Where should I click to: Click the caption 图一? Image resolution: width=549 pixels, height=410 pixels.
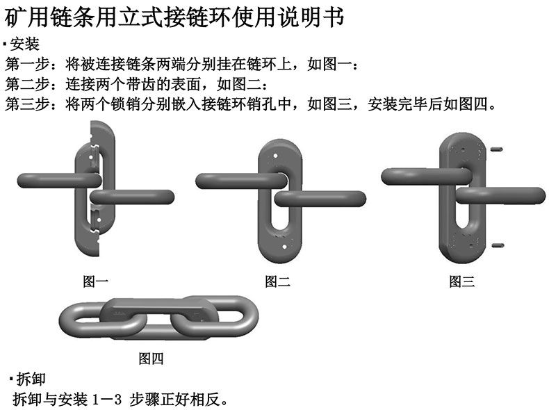coord(95,281)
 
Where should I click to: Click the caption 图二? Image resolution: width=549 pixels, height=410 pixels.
coord(277,281)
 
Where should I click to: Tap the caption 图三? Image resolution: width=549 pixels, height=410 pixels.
coord(462,281)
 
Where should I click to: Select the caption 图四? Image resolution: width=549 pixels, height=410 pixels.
coord(151,358)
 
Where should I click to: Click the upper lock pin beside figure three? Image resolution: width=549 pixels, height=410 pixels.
coord(496,149)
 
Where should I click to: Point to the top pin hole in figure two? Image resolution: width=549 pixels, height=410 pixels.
coord(276,156)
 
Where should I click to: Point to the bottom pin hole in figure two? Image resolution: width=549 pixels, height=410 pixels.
coord(284,247)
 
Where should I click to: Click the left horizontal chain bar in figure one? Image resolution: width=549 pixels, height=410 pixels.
coord(60,181)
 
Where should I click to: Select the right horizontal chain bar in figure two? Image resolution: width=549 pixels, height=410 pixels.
coord(320,199)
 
